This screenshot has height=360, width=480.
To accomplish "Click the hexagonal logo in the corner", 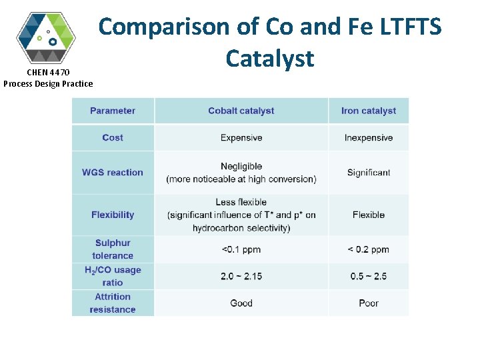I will click(x=46, y=37).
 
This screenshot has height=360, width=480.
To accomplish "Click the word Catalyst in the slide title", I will click(x=269, y=59).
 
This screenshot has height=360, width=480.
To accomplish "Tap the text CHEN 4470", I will click(x=47, y=72).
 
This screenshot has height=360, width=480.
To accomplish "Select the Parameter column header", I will click(x=113, y=111).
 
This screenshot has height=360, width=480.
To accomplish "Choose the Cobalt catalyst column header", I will click(x=241, y=111).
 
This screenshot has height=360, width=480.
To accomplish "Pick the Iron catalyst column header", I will click(x=368, y=111).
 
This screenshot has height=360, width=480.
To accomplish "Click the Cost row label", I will click(x=113, y=137).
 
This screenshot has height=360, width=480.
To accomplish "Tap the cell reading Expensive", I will click(x=241, y=138).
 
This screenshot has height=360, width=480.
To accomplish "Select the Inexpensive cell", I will click(x=368, y=138).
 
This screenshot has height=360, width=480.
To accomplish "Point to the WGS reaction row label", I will click(x=113, y=172).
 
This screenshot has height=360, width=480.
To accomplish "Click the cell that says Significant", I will click(x=368, y=173).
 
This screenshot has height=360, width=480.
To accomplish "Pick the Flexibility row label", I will click(x=113, y=215).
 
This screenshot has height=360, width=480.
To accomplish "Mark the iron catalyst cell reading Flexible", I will click(x=368, y=215).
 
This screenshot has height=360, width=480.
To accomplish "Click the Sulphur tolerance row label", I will click(x=113, y=249).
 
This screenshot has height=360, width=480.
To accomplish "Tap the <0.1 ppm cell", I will click(x=241, y=249).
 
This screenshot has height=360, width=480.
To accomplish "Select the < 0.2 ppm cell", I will click(x=368, y=249).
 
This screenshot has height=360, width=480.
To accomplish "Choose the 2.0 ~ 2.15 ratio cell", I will click(x=241, y=276).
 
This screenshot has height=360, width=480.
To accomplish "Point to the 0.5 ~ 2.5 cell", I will click(x=368, y=276).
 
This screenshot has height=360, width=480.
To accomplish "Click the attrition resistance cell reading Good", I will click(x=241, y=303).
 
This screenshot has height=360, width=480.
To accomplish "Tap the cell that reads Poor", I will click(x=368, y=303).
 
